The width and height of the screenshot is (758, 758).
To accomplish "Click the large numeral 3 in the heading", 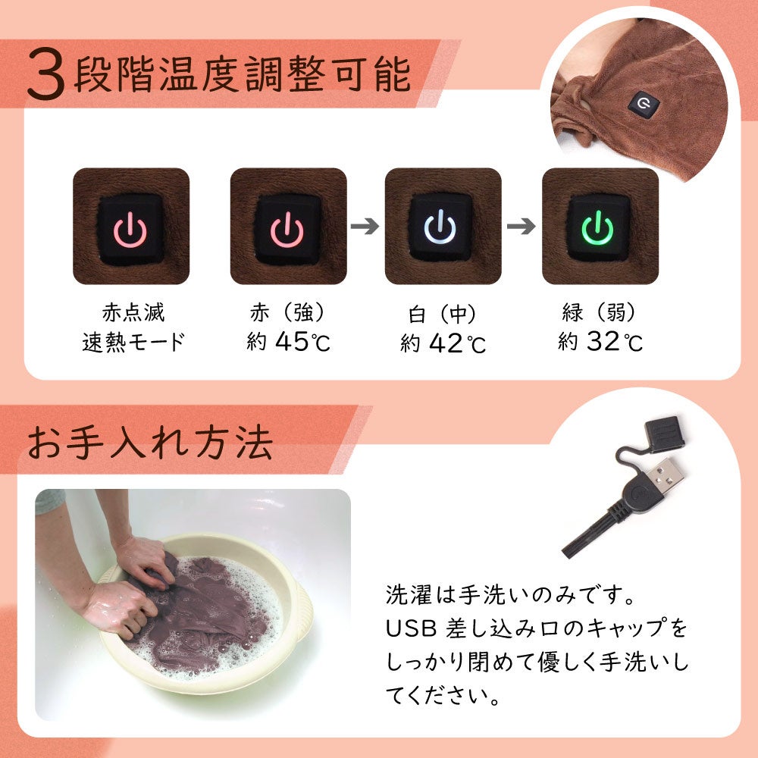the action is (45, 74).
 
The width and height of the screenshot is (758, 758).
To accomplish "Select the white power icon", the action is (440, 227).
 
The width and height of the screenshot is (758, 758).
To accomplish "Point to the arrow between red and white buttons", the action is (365, 226).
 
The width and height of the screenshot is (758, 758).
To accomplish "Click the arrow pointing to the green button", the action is (522, 226).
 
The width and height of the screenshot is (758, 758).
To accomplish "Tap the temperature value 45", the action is (292, 341).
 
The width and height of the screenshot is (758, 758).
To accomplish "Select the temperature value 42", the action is (445, 343).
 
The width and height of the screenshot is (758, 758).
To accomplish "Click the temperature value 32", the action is (603, 341).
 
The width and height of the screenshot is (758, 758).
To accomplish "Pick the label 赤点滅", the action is (133, 312).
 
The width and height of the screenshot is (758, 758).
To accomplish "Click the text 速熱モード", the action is (133, 343).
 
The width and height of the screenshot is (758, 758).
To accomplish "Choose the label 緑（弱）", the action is (600, 312).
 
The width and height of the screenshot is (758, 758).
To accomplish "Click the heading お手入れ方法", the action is (150, 443).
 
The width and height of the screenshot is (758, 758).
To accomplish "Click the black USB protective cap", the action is (666, 434).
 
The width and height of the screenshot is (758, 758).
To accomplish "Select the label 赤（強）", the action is (288, 312).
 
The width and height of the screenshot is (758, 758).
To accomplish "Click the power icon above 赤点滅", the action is (130, 230).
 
